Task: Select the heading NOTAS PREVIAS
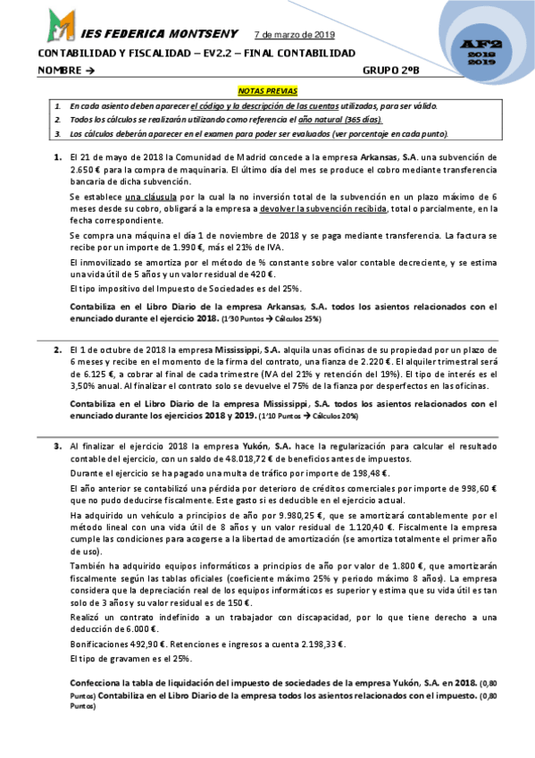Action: click(267, 91)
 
